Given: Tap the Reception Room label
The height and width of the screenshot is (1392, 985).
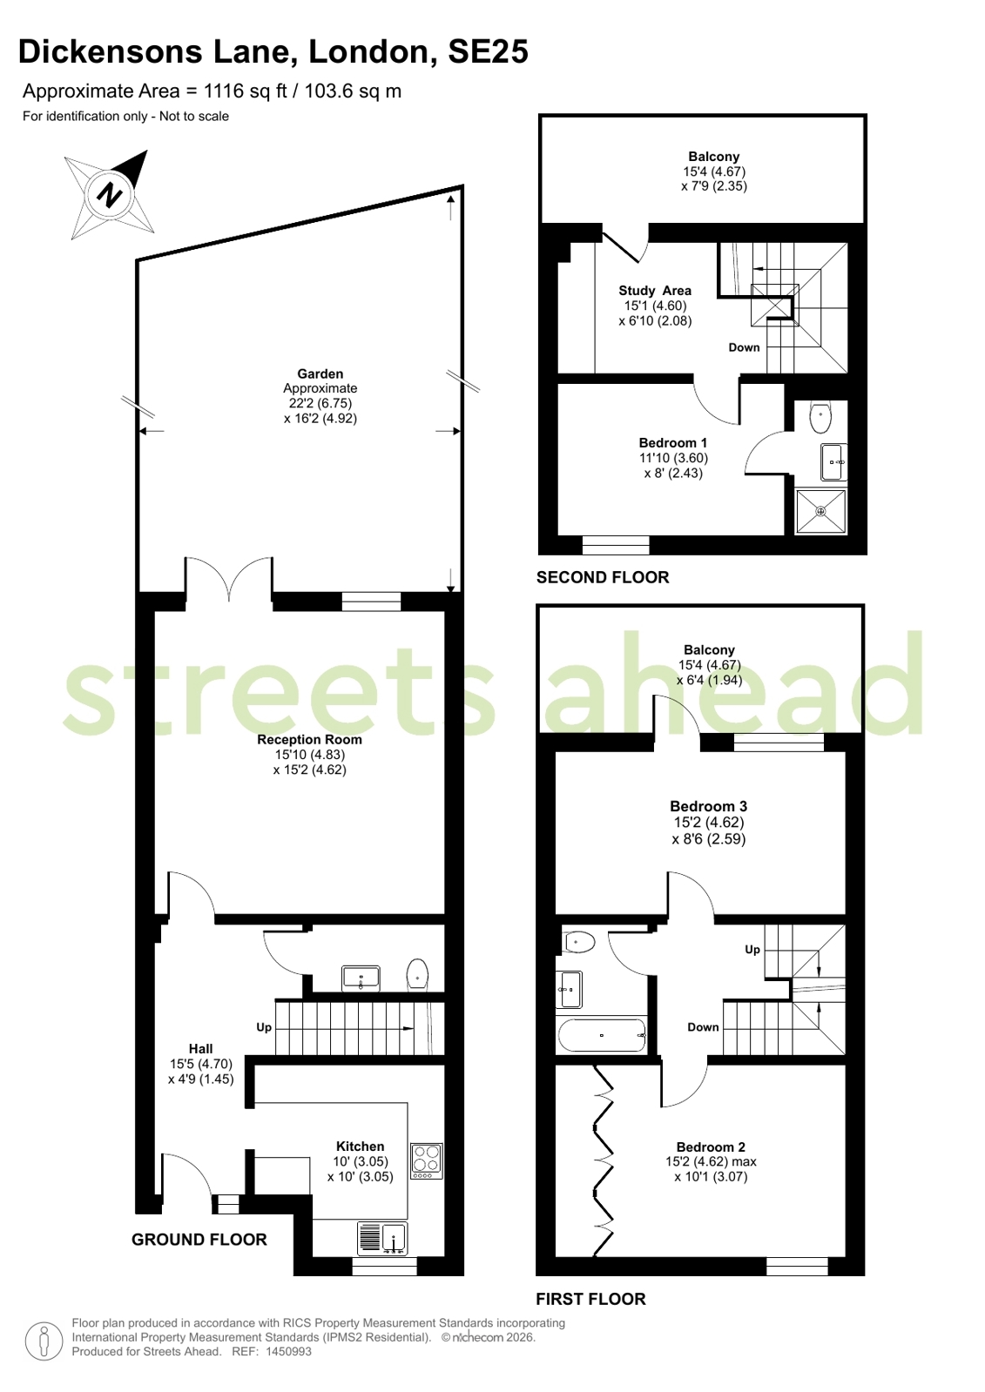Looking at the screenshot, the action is [309, 739].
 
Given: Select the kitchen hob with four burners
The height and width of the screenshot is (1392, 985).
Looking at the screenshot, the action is [427, 1160].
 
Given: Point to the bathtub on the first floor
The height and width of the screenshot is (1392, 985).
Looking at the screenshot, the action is [602, 1035].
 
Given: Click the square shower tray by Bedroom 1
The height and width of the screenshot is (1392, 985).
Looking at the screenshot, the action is [820, 511].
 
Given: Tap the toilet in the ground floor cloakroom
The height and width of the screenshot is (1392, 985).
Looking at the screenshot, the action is [417, 974].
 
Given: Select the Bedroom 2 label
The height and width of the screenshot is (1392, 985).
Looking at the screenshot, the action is [711, 1147].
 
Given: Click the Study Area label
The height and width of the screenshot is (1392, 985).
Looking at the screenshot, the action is [655, 290].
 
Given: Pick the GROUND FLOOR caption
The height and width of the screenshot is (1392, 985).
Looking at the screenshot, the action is [199, 1239].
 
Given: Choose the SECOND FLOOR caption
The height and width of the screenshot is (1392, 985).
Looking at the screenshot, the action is [603, 577].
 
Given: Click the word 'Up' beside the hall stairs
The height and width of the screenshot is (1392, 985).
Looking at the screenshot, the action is [264, 1027].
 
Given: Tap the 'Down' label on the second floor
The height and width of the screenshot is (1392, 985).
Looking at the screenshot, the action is [744, 347].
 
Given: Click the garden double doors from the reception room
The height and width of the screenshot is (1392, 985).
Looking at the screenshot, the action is [229, 579].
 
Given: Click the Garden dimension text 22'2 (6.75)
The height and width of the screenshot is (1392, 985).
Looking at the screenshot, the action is [320, 403].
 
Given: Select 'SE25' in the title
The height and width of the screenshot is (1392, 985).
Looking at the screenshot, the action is [489, 51].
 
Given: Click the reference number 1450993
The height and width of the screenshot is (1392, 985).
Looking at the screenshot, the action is [288, 1351].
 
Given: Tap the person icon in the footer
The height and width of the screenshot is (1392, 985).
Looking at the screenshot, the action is [44, 1340].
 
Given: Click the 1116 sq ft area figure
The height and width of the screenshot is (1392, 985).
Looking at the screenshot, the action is [245, 91].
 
